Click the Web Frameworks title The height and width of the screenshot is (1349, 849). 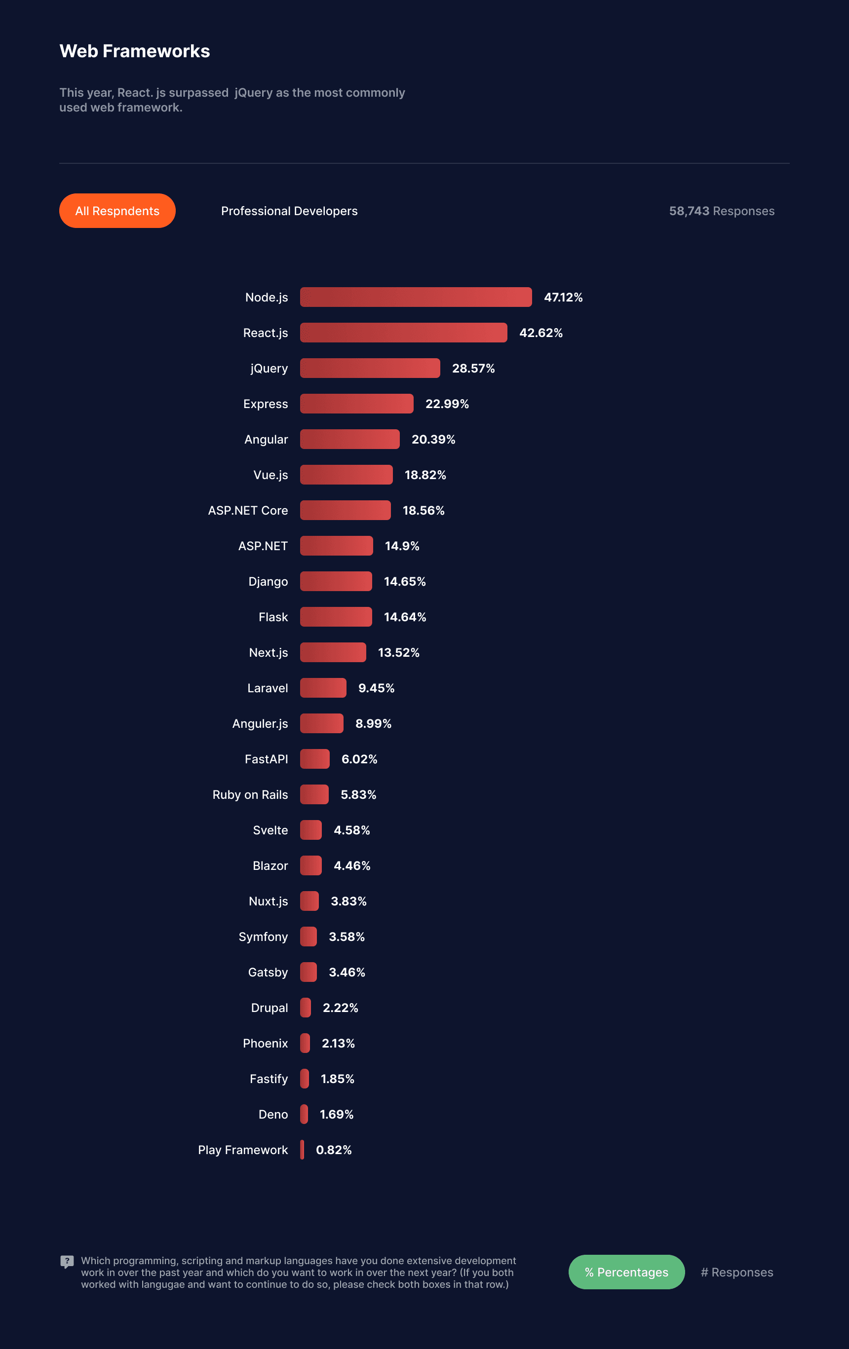point(134,51)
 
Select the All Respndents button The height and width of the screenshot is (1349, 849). point(117,211)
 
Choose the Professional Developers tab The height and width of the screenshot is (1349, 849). point(289,211)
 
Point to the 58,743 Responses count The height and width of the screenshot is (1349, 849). point(721,211)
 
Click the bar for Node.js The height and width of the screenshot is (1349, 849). point(415,297)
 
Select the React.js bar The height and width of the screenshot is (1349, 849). point(403,332)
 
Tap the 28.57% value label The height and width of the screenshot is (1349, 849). point(473,368)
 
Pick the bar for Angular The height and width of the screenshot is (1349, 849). point(349,439)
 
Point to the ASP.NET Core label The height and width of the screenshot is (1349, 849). point(248,510)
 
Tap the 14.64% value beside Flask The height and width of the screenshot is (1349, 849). point(405,617)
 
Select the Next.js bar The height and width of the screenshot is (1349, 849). point(332,652)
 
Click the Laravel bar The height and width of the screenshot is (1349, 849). point(323,688)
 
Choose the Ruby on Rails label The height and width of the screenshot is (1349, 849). point(250,794)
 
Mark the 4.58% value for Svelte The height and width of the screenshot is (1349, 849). point(351,830)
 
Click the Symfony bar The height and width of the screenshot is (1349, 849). point(308,936)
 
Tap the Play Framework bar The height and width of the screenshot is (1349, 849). point(302,1150)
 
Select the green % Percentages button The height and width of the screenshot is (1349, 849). point(626,1272)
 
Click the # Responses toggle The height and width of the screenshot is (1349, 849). point(736,1272)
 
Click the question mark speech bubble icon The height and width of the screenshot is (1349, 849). point(67,1261)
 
